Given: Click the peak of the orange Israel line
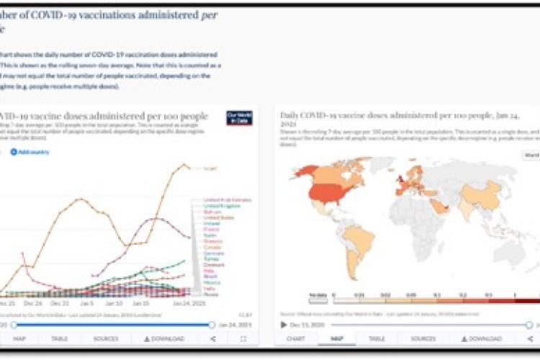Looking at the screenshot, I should [181, 165].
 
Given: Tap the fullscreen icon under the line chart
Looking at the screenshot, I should [243, 338].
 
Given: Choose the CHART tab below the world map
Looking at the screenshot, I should [296, 338].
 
